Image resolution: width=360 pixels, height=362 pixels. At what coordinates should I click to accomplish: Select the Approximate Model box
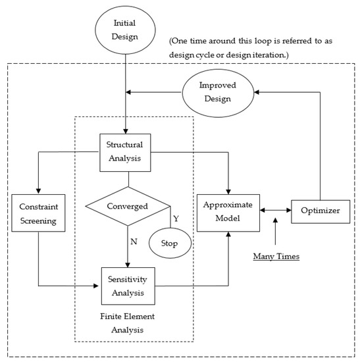(x=230, y=211)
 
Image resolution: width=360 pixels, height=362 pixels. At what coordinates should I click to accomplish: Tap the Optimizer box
(x=320, y=211)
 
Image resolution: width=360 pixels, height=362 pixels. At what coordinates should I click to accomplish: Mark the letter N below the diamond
(x=134, y=241)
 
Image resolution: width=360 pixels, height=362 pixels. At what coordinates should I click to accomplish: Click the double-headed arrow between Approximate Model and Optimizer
(x=275, y=211)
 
